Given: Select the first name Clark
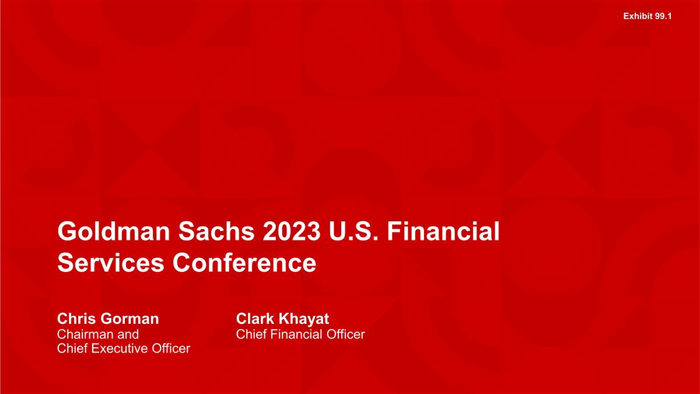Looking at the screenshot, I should coord(255,319).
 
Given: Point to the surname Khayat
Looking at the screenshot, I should coord(304,319).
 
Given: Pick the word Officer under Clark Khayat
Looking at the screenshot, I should coord(345,334).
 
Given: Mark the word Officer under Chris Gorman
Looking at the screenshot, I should coord(170,349).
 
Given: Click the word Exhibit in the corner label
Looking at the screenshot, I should coord(638,16).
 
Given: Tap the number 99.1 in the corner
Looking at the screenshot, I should coord(663,16).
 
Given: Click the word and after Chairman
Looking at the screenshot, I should coord(128,334).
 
